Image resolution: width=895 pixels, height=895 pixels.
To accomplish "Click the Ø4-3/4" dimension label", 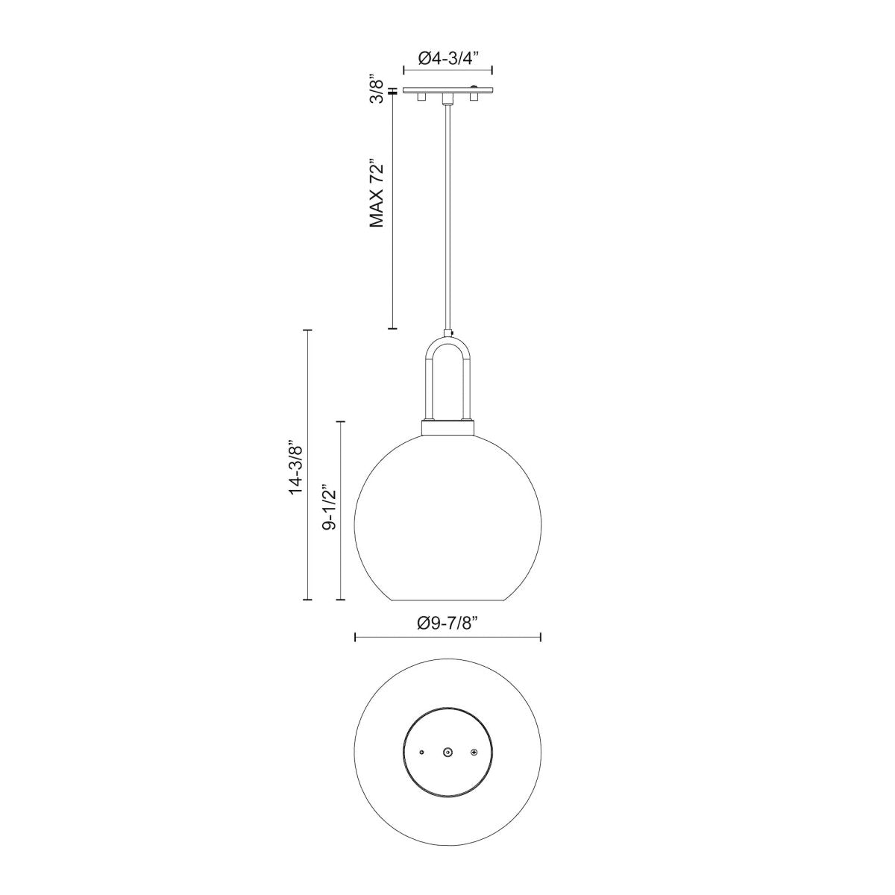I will pos(447,58).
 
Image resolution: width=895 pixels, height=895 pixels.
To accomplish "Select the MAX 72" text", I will pos(378,192).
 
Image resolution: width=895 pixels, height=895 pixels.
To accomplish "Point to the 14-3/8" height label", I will pos(297,467).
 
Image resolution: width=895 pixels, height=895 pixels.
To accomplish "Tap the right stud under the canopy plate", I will pos(474,98).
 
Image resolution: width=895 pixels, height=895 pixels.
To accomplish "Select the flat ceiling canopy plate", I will pos(447,91).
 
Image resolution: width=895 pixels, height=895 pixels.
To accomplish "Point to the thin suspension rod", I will pos(447,216).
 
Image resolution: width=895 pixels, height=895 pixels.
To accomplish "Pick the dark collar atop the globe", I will pos(447,428).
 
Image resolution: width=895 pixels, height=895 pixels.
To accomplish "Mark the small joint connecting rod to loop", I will pos(447,333).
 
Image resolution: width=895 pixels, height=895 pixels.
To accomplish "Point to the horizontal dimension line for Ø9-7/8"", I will pos(447,637).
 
